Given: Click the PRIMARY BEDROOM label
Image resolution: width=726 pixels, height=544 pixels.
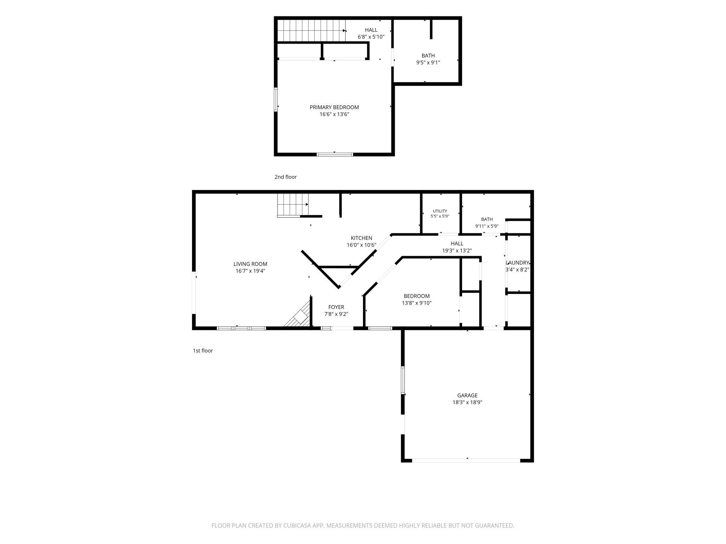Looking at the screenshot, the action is [334, 107].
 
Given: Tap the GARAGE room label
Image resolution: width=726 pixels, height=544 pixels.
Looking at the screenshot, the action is [467, 395].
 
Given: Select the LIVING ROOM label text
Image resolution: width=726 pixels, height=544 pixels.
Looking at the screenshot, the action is [250, 264].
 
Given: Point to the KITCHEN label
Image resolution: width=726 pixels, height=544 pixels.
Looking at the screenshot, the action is [362, 238].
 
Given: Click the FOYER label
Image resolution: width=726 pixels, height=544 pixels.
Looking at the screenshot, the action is [336, 307].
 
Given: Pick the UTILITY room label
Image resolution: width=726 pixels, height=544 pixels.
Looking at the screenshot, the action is [440, 211].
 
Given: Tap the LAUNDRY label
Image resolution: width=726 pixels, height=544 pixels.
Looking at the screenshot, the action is [518, 263].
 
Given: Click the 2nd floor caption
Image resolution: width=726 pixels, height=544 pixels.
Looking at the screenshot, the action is [286, 177].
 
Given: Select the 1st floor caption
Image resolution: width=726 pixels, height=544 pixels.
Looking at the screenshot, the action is [203, 350].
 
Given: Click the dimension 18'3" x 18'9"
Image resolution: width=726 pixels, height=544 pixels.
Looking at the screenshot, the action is [467, 402].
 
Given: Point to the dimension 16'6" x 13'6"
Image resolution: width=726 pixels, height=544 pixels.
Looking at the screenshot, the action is [334, 114].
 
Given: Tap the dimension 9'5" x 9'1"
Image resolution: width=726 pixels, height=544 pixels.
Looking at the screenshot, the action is [428, 62].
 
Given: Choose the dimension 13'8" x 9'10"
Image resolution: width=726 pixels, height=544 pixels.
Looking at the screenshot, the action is [416, 303].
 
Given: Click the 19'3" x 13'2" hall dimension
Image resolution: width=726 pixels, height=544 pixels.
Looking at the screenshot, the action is [457, 250].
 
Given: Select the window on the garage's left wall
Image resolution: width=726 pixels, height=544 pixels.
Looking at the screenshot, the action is [403, 380].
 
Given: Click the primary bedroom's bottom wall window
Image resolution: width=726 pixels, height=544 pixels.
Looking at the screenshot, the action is [335, 154].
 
